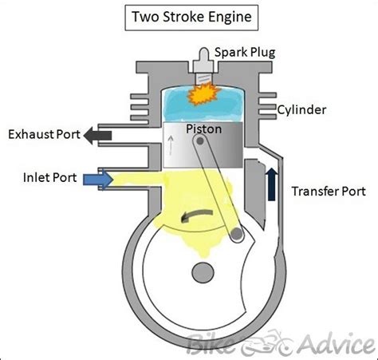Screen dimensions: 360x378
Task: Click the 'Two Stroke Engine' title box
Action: (188, 16)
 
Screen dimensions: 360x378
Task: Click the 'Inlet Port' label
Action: (48, 177)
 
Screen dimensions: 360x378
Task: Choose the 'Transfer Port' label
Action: (329, 192)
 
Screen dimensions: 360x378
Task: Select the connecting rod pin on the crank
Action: (236, 235)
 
